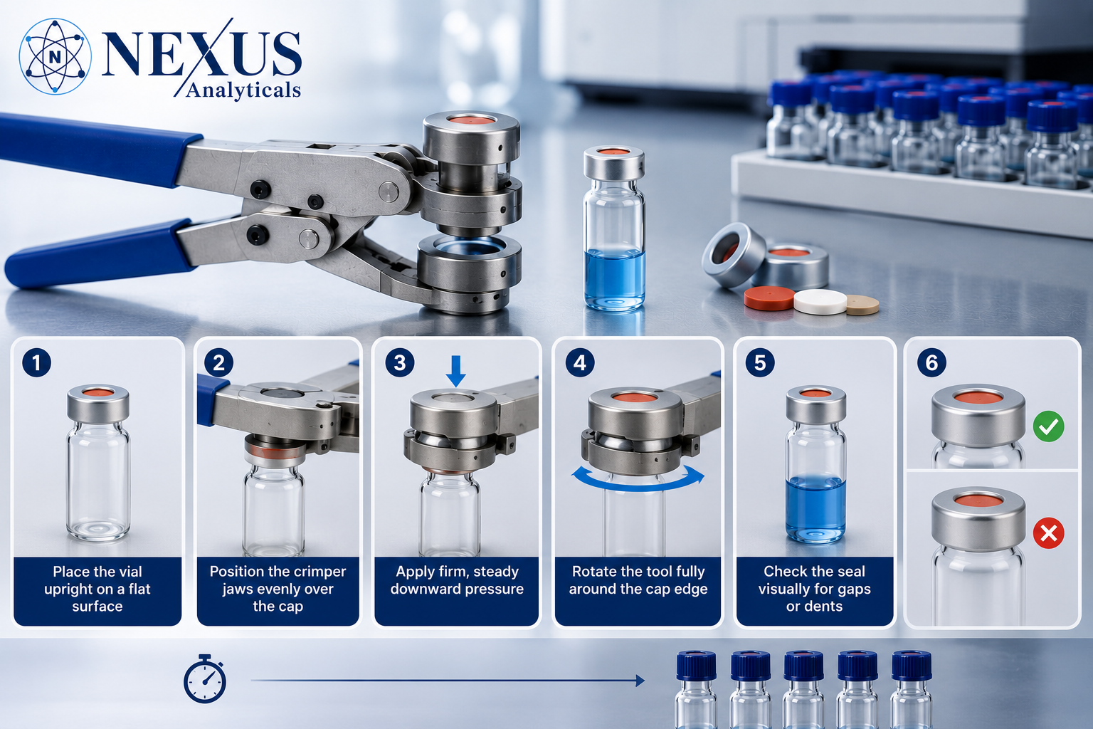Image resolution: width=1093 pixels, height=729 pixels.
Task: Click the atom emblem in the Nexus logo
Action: (55, 57)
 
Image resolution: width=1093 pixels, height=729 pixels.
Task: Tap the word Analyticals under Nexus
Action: (243, 90)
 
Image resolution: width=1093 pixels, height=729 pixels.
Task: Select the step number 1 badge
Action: (36, 363)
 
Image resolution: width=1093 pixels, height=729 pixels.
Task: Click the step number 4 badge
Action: (580, 363)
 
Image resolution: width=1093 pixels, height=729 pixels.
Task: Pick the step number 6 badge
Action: (931, 363)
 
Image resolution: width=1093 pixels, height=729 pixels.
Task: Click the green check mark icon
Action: (1049, 426)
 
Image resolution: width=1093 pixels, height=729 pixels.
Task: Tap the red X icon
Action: (1049, 533)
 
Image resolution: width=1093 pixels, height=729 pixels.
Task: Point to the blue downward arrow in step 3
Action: (455, 371)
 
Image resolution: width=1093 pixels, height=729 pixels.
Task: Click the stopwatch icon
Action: (205, 678)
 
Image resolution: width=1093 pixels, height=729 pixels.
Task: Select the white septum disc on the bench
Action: (820, 301)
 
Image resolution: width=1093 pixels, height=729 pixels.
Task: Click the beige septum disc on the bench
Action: (862, 304)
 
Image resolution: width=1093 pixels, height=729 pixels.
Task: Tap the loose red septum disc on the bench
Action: (769, 298)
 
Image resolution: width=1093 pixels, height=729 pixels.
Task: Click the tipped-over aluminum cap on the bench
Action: (734, 254)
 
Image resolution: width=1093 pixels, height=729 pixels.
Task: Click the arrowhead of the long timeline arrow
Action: (640, 680)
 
